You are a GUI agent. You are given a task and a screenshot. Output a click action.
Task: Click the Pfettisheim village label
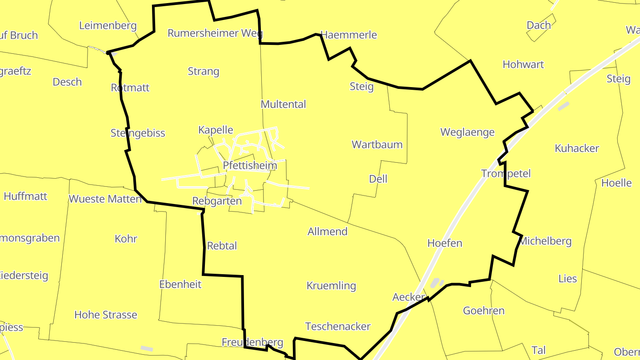[x=250, y=166]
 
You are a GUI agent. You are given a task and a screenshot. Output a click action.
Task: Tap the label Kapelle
[x=216, y=130]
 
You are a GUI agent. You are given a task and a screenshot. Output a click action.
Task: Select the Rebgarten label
[x=217, y=201]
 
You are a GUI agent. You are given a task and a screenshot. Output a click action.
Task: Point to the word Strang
[x=204, y=71]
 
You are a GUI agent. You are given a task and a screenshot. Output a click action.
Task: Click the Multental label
[x=284, y=104]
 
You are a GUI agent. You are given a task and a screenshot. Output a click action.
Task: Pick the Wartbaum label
[x=377, y=144]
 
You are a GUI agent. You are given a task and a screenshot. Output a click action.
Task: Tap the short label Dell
[x=378, y=179]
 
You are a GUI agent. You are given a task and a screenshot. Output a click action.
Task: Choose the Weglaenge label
[x=467, y=132]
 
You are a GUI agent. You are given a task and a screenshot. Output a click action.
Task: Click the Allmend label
[x=328, y=231]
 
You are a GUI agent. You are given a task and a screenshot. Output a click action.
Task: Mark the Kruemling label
[x=332, y=286]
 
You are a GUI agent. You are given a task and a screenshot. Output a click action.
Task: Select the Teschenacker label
[x=338, y=327]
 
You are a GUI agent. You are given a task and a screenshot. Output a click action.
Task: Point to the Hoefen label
[x=445, y=243]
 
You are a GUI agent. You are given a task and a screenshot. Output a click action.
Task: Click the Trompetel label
[x=506, y=173]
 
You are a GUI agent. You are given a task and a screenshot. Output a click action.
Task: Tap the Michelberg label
[x=545, y=241]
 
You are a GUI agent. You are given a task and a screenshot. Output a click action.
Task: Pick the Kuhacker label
[x=577, y=148]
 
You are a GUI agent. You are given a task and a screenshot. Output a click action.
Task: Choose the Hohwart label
[x=523, y=64]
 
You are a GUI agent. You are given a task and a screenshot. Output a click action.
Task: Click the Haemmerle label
[x=348, y=35]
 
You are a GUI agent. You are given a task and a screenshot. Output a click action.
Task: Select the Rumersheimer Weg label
[x=215, y=33]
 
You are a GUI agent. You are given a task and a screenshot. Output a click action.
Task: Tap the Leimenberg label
[x=108, y=25]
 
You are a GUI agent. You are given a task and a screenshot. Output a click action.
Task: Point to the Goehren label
[x=484, y=311]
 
